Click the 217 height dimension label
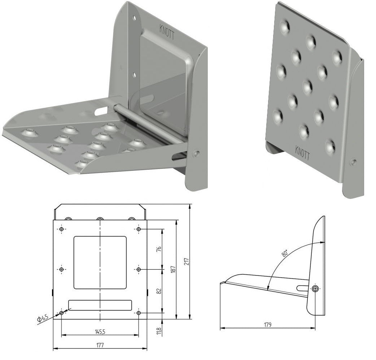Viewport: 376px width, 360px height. [187, 261]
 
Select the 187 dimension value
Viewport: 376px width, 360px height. [174, 269]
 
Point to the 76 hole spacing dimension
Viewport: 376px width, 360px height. [159, 249]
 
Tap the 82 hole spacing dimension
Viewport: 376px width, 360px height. [159, 291]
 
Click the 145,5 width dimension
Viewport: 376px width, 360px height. [100, 332]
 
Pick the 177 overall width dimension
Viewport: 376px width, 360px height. [100, 345]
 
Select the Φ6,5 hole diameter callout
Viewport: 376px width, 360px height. [43, 319]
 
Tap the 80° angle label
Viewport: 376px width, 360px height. [285, 253]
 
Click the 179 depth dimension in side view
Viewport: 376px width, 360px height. [268, 325]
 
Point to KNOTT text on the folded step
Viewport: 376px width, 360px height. [302, 153]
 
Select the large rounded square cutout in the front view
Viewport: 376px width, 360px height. [100, 262]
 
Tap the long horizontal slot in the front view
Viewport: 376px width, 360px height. [100, 305]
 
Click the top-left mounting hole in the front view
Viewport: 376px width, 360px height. [62, 229]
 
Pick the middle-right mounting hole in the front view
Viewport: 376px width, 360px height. [138, 269]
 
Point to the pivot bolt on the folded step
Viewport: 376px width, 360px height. [353, 162]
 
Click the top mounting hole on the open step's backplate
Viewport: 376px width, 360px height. [135, 18]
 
